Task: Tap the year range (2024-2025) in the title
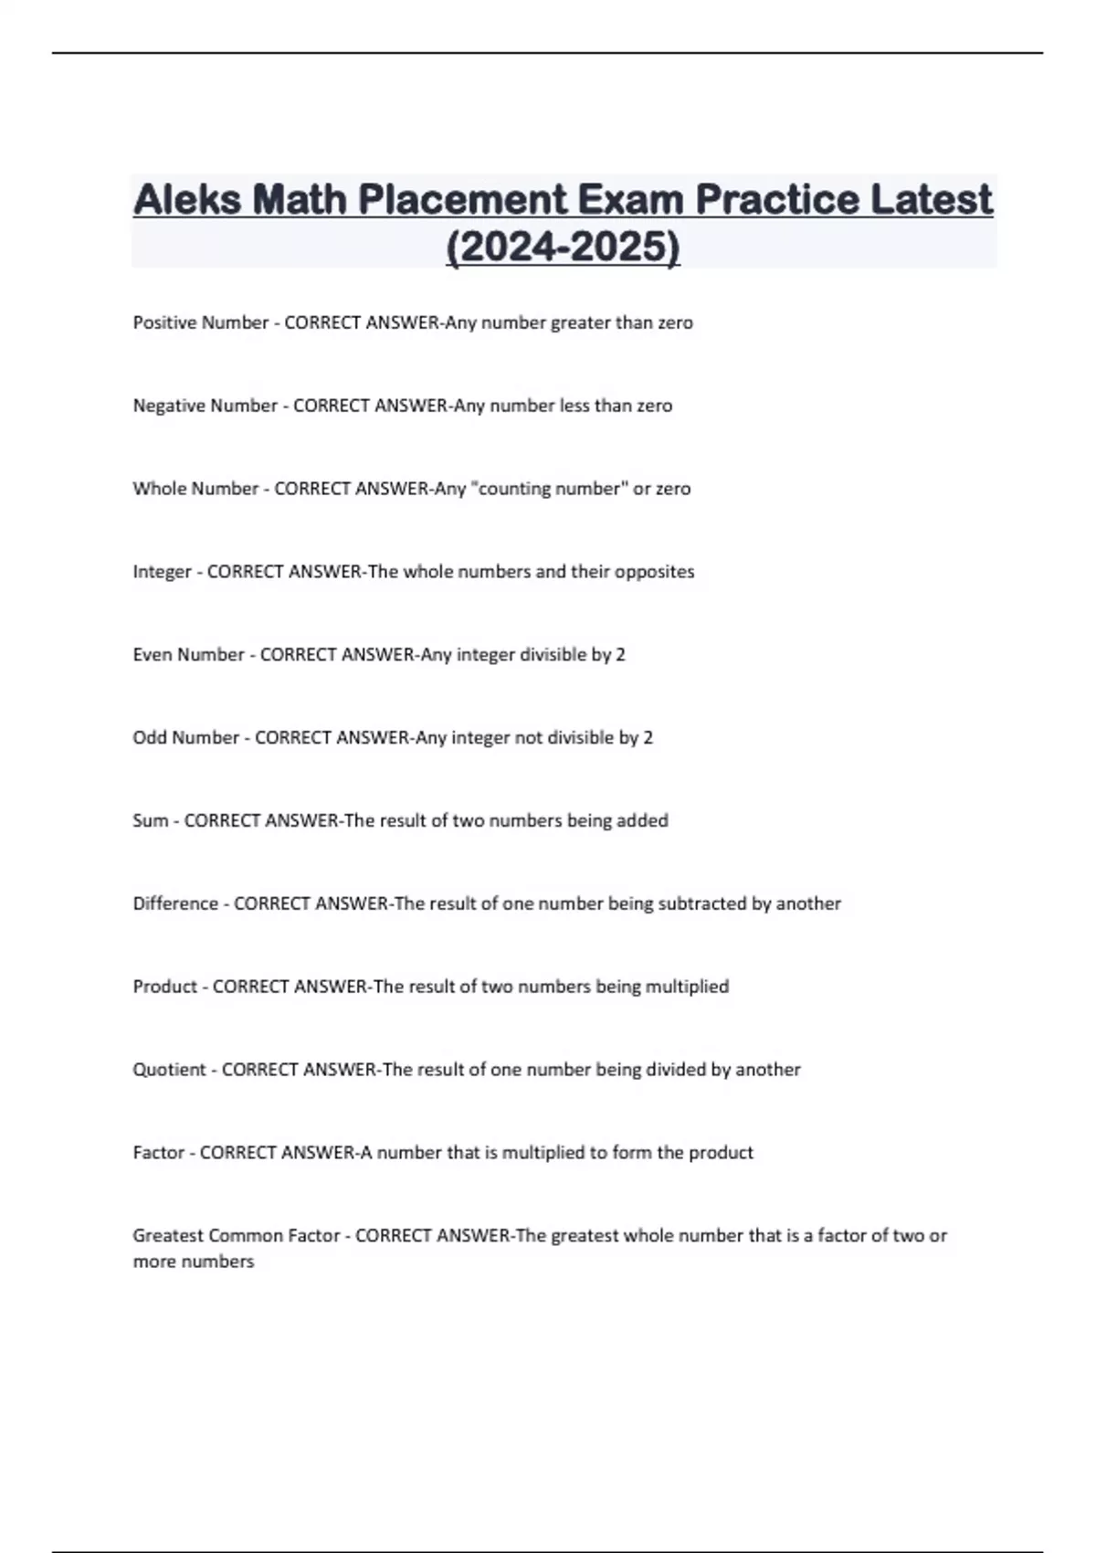(x=563, y=247)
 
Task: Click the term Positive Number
(x=200, y=322)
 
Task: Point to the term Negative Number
(x=205, y=406)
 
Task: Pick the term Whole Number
(x=195, y=489)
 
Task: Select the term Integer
(x=162, y=572)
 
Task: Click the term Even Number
(x=188, y=655)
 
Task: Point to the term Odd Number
(x=185, y=738)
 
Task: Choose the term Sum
(x=151, y=821)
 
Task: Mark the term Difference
(x=175, y=903)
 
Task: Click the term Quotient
(x=169, y=1070)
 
